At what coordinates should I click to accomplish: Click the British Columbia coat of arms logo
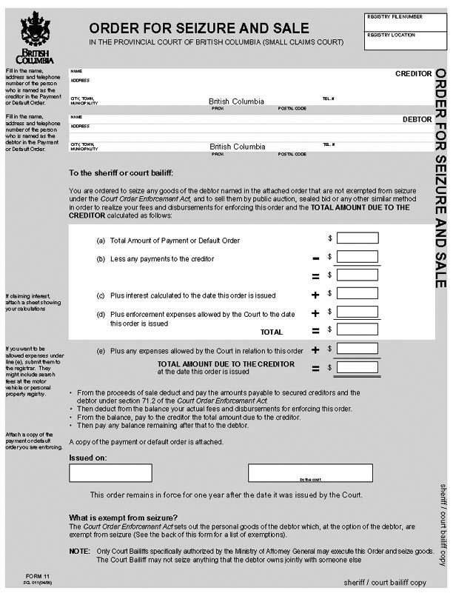click(35, 33)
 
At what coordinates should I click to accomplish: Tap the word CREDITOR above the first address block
click(413, 74)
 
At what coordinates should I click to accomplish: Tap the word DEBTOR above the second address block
click(417, 118)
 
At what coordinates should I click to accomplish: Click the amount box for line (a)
click(357, 238)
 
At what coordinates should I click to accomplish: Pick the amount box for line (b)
click(357, 257)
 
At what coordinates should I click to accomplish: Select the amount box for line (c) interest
click(357, 294)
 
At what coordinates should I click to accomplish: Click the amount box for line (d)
click(357, 312)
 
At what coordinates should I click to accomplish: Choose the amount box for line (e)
click(357, 349)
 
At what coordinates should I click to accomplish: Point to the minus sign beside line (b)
click(315, 258)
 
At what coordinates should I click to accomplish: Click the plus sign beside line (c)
click(315, 295)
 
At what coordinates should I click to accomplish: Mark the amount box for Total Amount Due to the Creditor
click(357, 366)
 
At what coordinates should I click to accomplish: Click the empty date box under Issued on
click(110, 472)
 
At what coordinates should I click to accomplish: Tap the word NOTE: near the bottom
click(79, 552)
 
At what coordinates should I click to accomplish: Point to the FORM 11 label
click(36, 575)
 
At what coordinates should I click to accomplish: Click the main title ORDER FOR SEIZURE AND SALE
click(199, 28)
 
